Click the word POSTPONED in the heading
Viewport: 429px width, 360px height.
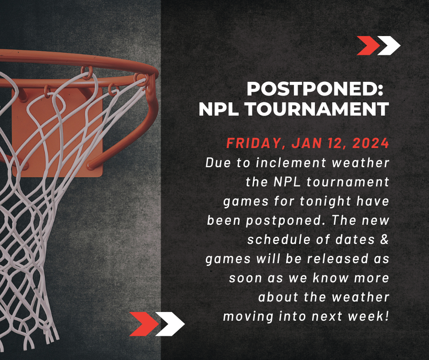coord(312,89)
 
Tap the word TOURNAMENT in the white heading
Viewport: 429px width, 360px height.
coord(317,109)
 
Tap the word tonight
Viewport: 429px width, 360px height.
coord(325,201)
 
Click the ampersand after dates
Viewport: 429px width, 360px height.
coord(384,239)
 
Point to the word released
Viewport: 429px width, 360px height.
coord(337,259)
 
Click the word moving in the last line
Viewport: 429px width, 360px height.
coord(248,317)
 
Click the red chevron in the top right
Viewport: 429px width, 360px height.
coord(368,46)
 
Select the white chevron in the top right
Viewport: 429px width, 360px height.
coord(389,46)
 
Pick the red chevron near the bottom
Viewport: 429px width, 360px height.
coord(144,324)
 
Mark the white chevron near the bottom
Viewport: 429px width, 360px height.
coord(170,324)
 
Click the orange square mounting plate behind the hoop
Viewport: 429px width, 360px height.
coord(57,132)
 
